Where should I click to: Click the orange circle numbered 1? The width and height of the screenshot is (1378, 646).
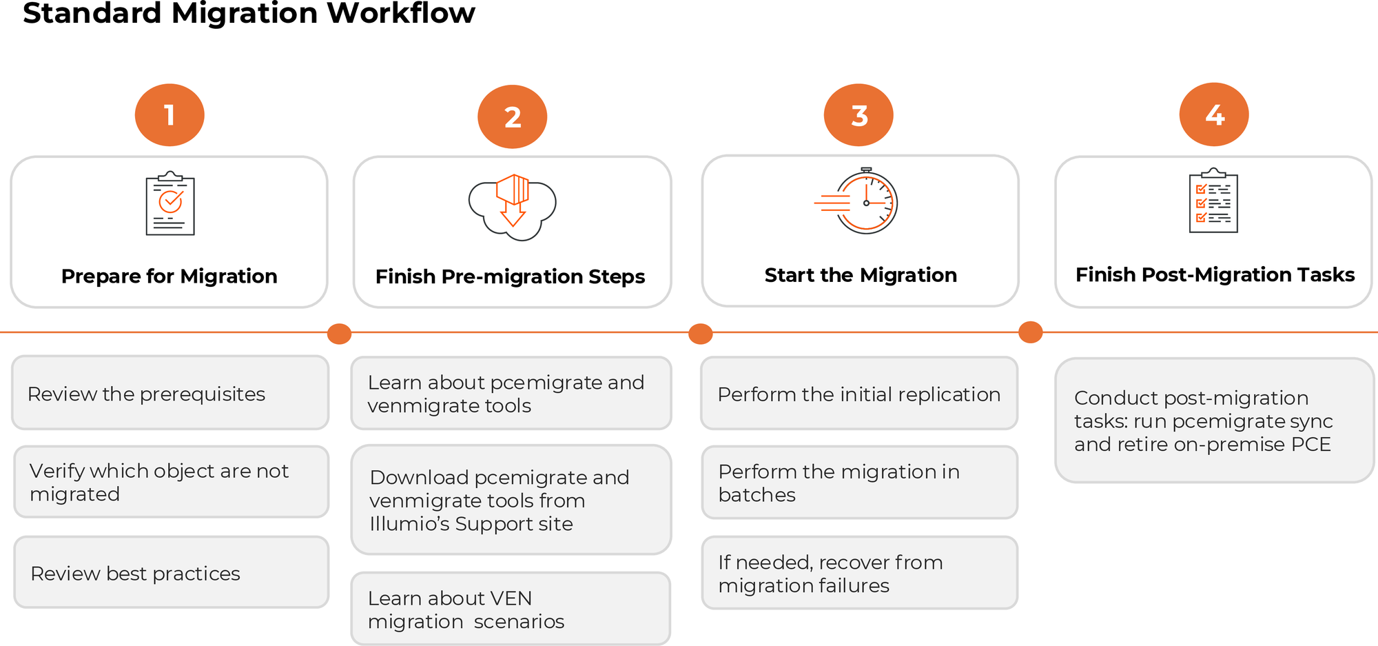click(169, 115)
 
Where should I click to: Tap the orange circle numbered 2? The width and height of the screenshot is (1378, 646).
click(512, 117)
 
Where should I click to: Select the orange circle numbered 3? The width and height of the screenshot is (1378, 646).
click(858, 115)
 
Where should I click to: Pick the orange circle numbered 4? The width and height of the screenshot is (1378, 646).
click(1214, 114)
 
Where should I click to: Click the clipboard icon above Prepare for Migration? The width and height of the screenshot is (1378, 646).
click(170, 204)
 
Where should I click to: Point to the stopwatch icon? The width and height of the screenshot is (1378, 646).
click(858, 201)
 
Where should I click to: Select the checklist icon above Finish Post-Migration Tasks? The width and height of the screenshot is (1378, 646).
click(1213, 201)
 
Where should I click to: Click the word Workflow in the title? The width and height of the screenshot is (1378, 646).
click(400, 14)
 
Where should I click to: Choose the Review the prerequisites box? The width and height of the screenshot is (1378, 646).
click(170, 393)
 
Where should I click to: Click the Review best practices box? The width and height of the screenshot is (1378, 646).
click(171, 572)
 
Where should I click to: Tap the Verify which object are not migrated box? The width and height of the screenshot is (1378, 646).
click(171, 482)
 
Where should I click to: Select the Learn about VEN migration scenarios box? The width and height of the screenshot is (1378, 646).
click(511, 609)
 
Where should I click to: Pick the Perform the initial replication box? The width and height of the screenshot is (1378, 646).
click(859, 394)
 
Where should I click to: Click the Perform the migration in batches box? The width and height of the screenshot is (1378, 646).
click(859, 483)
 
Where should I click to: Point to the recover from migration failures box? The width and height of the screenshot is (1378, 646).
click(859, 573)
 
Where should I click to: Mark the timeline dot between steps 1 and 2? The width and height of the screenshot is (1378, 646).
click(339, 334)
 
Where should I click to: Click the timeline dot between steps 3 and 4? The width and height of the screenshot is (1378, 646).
click(1030, 332)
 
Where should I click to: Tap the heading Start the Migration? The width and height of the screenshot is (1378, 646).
click(861, 275)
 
